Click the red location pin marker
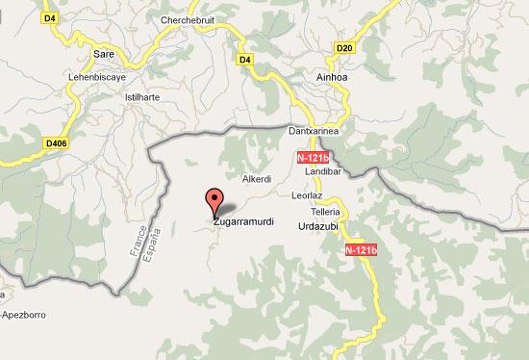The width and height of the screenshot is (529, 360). click(x=213, y=200)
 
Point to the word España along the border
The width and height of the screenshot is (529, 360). click(x=146, y=244)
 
